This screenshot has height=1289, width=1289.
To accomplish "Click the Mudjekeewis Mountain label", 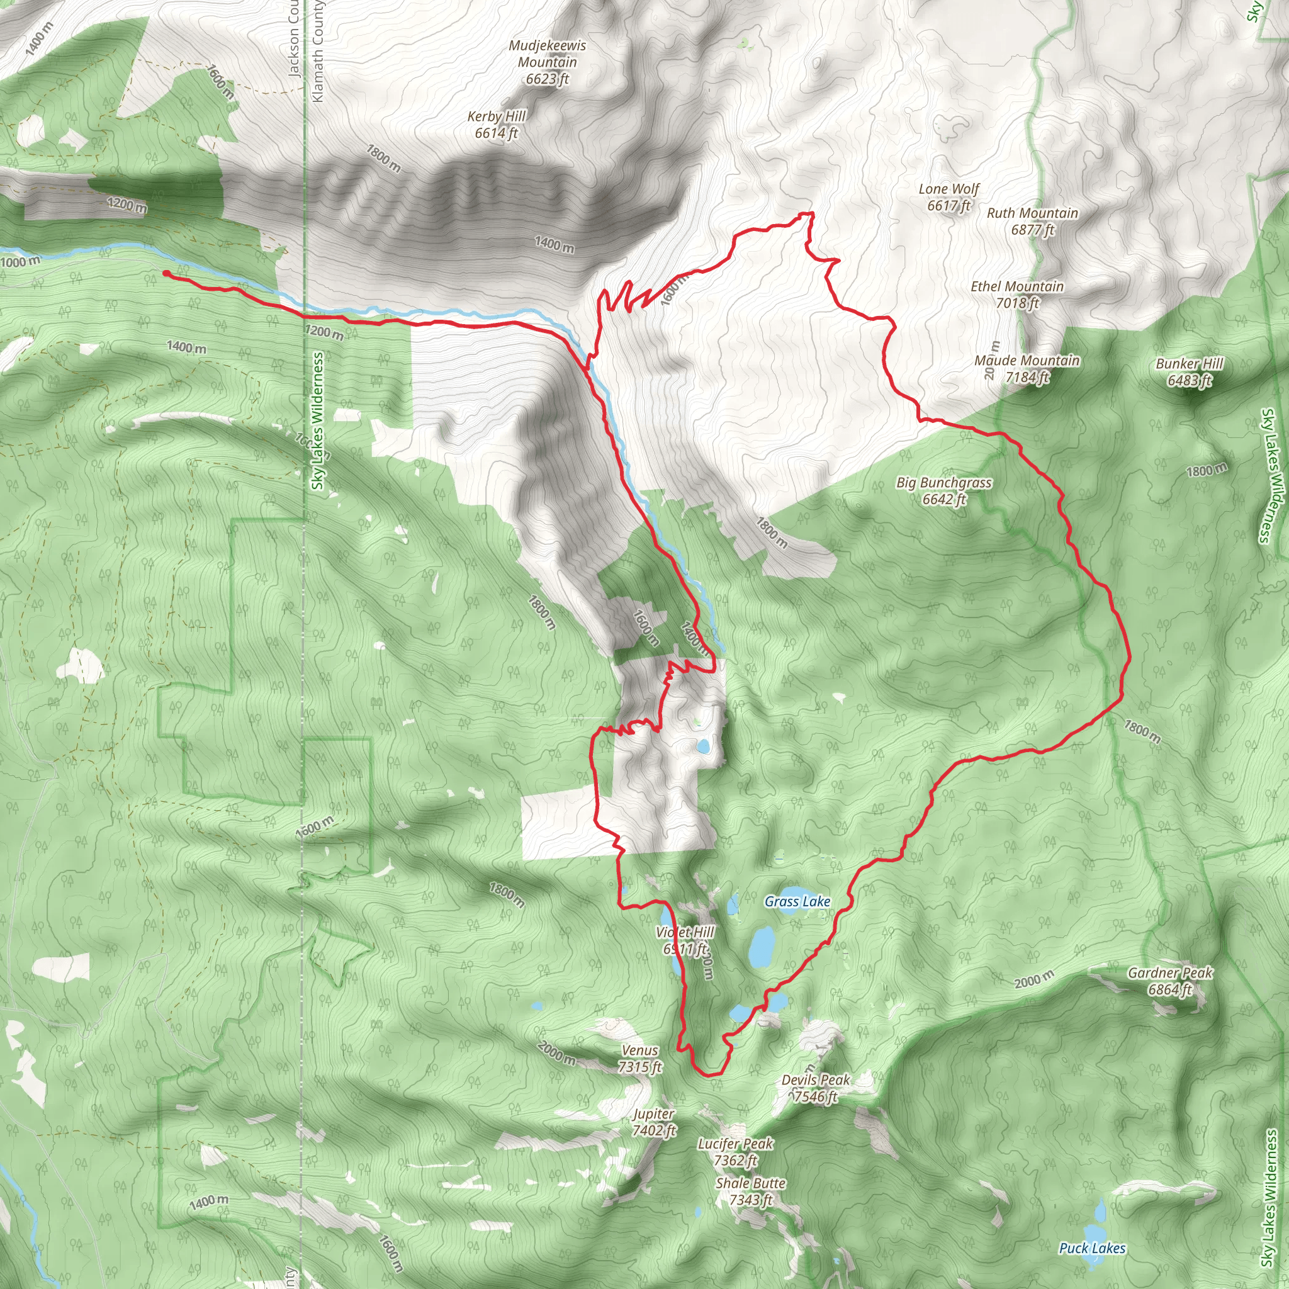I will coord(547,62).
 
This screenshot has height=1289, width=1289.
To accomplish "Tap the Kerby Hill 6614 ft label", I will coord(497,125).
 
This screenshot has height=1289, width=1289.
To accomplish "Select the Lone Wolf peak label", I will coord(948,197).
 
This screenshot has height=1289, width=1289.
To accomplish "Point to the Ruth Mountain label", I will coord(1032,221).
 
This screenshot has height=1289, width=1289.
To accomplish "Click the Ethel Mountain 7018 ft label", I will coord(1017,294).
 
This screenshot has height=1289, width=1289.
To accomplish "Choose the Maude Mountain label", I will coord(1027,368).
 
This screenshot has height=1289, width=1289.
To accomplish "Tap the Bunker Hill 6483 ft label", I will coord(1190,371).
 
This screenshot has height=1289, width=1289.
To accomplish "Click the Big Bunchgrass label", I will coord(943,490).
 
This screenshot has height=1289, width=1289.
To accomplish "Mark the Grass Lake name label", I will coord(797,901).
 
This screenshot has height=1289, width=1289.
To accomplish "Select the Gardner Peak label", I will coord(1169,981).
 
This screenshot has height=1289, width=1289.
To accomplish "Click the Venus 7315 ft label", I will coord(639,1058).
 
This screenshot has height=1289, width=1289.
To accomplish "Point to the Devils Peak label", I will coord(815,1088).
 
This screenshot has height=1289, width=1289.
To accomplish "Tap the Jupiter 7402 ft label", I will coord(654,1122).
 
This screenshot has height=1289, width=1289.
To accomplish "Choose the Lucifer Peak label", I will coord(735,1152).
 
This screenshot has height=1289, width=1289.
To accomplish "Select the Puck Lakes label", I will coord(1092,1247).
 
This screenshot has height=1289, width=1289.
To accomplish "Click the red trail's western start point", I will coord(166,273).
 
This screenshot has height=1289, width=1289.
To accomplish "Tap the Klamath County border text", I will coord(318,52).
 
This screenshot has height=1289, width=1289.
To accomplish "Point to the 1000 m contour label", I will coord(20,262).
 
